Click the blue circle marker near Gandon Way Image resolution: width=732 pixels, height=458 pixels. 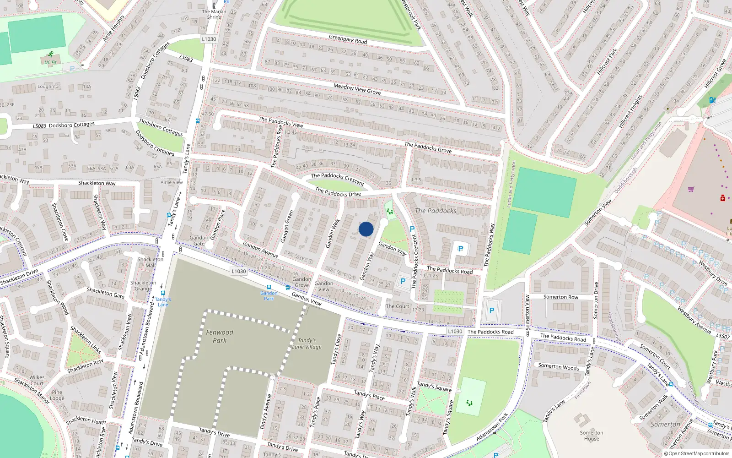click(x=366, y=229)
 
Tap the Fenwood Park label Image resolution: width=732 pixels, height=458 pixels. click(x=220, y=336)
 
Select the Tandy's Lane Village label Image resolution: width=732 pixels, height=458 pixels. click(x=307, y=343)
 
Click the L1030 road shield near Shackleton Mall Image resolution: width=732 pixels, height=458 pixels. click(x=238, y=271)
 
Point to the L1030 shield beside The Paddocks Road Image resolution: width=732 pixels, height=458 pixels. click(x=455, y=331)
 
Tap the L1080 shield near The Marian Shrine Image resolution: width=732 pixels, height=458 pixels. click(x=209, y=39)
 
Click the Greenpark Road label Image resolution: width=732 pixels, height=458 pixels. click(x=348, y=39)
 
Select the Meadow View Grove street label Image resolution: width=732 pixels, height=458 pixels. click(x=357, y=89)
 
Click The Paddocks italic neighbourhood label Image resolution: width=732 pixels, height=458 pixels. click(x=436, y=211)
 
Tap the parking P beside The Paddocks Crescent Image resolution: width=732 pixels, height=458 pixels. click(x=412, y=229)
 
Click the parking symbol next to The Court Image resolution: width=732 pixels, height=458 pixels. click(x=403, y=281)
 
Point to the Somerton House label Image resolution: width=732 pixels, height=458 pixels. click(x=592, y=436)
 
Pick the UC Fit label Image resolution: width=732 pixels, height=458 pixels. click(x=50, y=62)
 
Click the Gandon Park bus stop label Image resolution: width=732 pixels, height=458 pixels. click(x=269, y=296)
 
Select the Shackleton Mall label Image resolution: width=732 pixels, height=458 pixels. click(x=150, y=262)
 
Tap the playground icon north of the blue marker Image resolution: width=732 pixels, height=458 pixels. click(x=389, y=211)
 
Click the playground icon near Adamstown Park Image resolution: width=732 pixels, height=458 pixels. click(x=469, y=403)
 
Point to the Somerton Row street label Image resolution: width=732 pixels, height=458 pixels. click(x=560, y=297)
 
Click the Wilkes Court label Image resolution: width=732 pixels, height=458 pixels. click(x=37, y=380)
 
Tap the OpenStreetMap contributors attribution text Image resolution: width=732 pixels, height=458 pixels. click(x=696, y=453)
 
